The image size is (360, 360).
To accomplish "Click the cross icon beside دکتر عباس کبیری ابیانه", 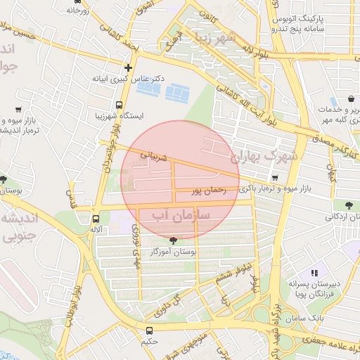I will coord(127,68).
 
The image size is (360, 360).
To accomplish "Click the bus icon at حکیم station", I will coord(149,330).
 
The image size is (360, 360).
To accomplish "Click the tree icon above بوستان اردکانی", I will coord(349,205).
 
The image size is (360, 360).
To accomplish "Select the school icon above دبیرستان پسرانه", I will coord(314,272).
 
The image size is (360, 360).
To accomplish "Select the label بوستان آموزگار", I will coord(173,251).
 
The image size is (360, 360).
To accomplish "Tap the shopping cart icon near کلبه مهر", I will coord(349,98).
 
